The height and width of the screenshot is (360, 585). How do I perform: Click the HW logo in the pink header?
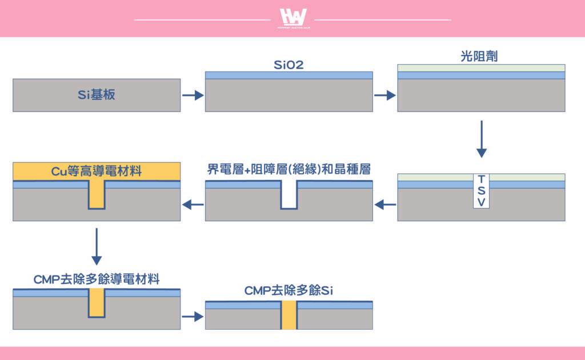click(294, 18)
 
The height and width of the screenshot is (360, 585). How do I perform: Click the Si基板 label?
click(96, 95)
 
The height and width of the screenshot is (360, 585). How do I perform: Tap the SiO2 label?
click(289, 65)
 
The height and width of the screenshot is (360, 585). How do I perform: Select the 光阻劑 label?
click(479, 57)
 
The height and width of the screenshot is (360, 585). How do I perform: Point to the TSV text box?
click(481, 191)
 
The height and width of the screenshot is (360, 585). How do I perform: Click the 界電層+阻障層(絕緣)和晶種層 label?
click(289, 169)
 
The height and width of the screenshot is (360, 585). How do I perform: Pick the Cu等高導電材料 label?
click(96, 171)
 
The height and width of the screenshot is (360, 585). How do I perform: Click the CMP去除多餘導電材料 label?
click(96, 279)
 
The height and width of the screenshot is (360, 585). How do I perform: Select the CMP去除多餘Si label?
click(289, 291)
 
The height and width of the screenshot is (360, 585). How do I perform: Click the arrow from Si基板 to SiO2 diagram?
click(193, 95)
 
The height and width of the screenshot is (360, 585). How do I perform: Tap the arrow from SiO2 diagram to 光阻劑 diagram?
click(385, 95)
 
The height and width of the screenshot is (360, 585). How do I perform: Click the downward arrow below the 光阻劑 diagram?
click(481, 139)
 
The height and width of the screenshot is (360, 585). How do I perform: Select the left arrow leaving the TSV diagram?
click(385, 205)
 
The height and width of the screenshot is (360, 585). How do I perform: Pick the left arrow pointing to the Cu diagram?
click(193, 205)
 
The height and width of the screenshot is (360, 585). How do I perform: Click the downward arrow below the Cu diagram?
click(97, 247)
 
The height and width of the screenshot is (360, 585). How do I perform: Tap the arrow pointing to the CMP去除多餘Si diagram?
click(193, 317)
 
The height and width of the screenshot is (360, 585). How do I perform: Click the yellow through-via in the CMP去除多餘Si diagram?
click(289, 315)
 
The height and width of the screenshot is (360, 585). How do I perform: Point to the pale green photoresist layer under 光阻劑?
click(481, 68)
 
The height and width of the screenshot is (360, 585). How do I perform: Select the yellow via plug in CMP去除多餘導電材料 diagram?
click(97, 303)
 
